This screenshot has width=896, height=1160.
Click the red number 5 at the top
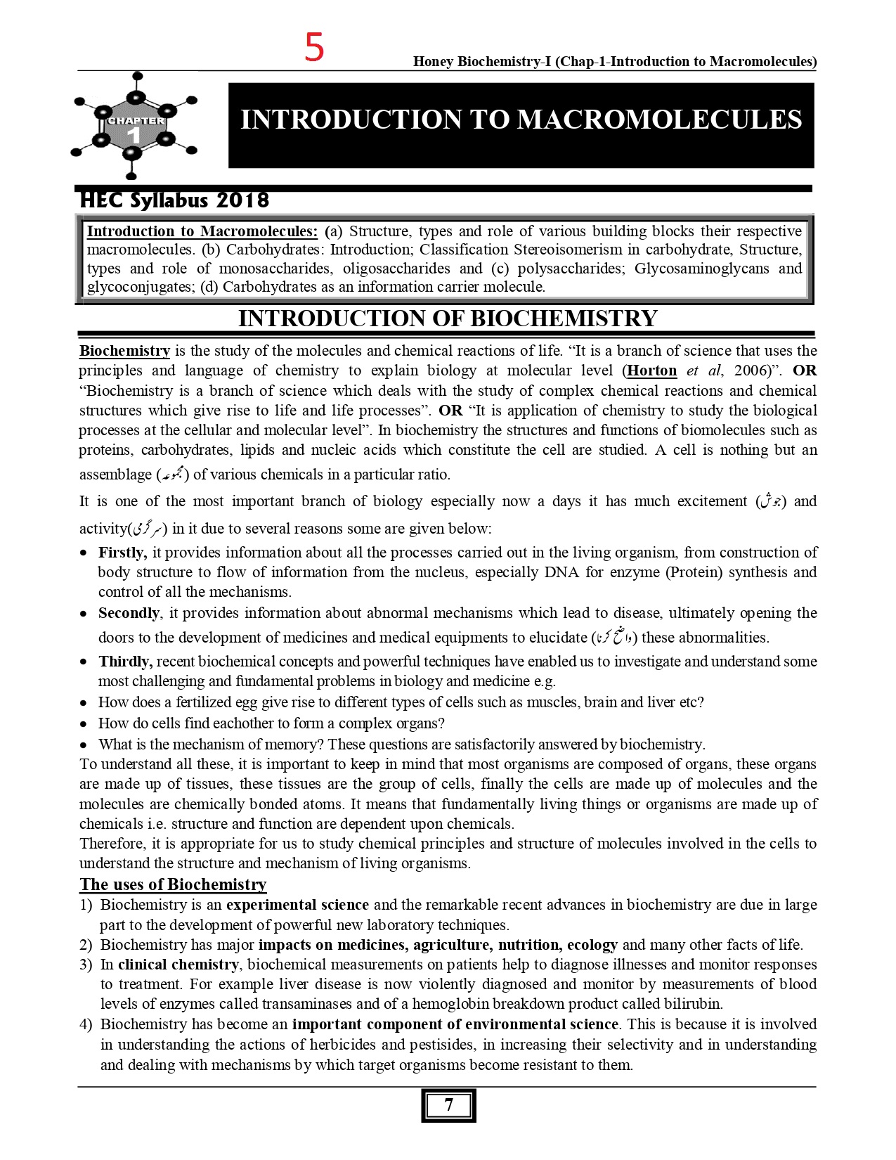tap(314, 49)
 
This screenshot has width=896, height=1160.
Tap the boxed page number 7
tap(448, 1105)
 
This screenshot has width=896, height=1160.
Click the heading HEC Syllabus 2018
tap(174, 200)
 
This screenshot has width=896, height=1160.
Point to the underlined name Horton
tap(652, 370)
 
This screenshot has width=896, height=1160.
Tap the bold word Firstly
tap(122, 553)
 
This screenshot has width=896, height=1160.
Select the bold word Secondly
tap(129, 613)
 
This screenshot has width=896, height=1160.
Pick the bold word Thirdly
tap(126, 662)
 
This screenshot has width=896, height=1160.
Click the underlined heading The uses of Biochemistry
tap(173, 884)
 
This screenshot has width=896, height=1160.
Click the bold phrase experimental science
tap(297, 905)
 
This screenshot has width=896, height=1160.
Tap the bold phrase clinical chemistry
tap(178, 965)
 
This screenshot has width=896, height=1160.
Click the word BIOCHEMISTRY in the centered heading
tap(563, 318)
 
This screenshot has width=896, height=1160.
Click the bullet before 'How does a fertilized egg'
tap(84, 703)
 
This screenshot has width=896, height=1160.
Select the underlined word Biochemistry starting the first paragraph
tap(124, 351)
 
